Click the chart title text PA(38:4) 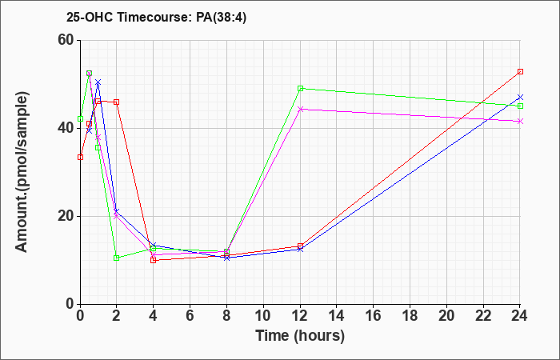click(x=222, y=18)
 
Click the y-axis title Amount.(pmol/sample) click(x=22, y=172)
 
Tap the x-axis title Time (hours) click(x=300, y=336)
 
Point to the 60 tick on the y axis click(x=66, y=40)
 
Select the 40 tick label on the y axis click(x=66, y=128)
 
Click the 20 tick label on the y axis click(x=66, y=216)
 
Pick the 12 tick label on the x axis click(x=300, y=316)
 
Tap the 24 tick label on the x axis click(x=519, y=316)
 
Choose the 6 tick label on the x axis click(x=190, y=316)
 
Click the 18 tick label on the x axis click(x=410, y=316)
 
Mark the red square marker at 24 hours click(x=520, y=72)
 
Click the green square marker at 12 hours click(x=300, y=89)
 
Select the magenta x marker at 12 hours click(x=300, y=109)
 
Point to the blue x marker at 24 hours click(x=520, y=97)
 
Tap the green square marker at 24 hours click(x=520, y=106)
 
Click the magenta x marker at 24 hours click(x=520, y=122)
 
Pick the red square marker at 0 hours click(x=80, y=157)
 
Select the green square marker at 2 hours click(x=117, y=258)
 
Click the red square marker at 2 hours click(x=117, y=102)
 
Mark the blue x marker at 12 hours click(x=300, y=250)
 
